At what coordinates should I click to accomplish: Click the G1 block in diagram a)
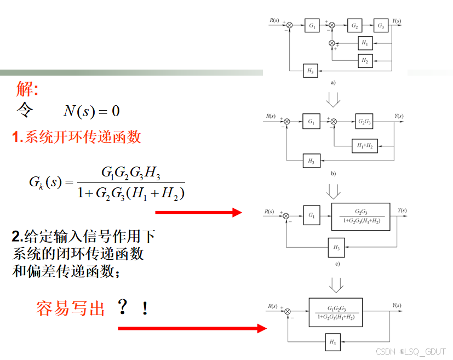pyautogui.click(x=312, y=25)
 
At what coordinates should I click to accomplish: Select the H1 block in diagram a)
pyautogui.click(x=365, y=43)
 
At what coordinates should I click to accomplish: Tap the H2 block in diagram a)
pyautogui.click(x=365, y=61)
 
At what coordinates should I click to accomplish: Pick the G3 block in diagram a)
pyautogui.click(x=381, y=25)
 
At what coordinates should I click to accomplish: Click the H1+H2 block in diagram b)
pyautogui.click(x=365, y=146)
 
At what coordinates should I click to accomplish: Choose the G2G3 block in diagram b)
pyautogui.click(x=364, y=121)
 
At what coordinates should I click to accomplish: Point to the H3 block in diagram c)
pyautogui.click(x=336, y=247)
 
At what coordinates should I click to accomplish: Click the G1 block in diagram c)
pyautogui.click(x=312, y=215)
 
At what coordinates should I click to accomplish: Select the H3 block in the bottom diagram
pyautogui.click(x=333, y=342)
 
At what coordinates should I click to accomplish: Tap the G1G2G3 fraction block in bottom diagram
pyautogui.click(x=336, y=312)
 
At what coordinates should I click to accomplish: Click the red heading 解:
pyautogui.click(x=27, y=88)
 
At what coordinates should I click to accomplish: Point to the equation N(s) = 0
pyautogui.click(x=91, y=111)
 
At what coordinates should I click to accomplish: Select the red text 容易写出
pyautogui.click(x=70, y=308)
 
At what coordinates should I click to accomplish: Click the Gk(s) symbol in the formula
pyautogui.click(x=45, y=182)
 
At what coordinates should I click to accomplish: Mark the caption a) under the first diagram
pyautogui.click(x=333, y=83)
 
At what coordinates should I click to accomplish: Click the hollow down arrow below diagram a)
pyautogui.click(x=333, y=100)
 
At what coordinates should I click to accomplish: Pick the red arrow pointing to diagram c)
pyautogui.click(x=199, y=213)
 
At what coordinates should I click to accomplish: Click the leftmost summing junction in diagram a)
pyautogui.click(x=289, y=25)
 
